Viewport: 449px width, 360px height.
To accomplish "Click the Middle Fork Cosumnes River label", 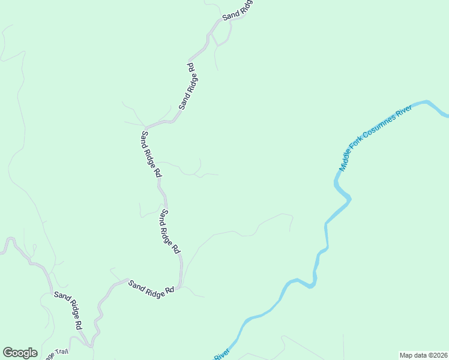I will tap(376, 137).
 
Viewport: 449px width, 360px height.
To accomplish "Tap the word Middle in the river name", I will tap(347, 161).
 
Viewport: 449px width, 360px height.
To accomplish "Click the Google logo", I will tap(20, 353).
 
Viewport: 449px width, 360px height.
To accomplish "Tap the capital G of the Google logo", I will tap(8, 353).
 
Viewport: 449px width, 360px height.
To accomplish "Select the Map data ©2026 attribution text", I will tap(423, 355).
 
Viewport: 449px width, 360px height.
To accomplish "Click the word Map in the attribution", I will tap(406, 355).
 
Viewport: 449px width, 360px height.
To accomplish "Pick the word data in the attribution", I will tap(418, 355).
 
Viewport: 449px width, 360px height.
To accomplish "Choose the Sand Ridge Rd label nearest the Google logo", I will tap(68, 310).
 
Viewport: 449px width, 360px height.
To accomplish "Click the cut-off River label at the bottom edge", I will tap(222, 355).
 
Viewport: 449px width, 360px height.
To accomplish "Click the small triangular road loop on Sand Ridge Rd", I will tap(220, 37).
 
